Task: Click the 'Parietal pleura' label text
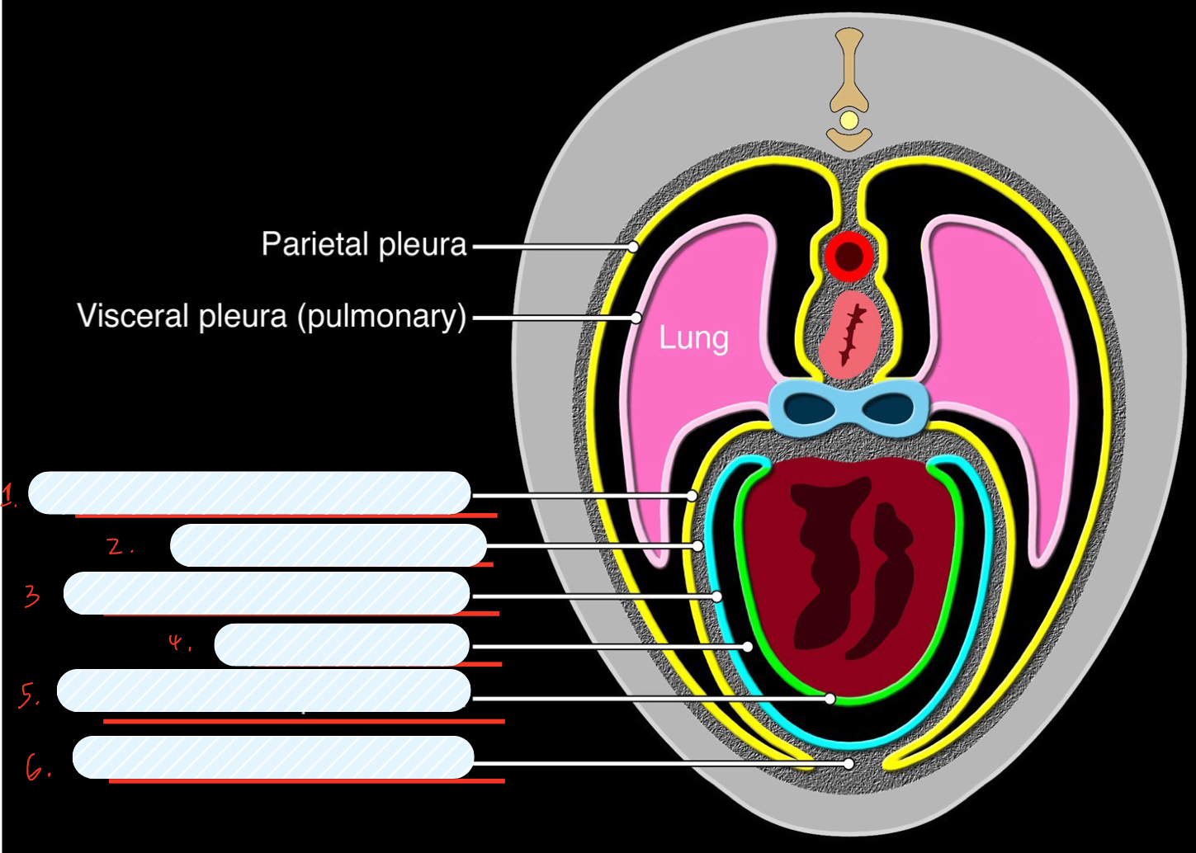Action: pyautogui.click(x=364, y=245)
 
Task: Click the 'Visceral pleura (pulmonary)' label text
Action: pyautogui.click(x=272, y=317)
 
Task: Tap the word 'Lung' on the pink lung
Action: pyautogui.click(x=693, y=338)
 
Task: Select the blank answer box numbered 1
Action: pyautogui.click(x=249, y=493)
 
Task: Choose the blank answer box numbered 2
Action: pyautogui.click(x=329, y=545)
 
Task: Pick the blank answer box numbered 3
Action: pyautogui.click(x=267, y=593)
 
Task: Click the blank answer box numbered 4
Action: pyautogui.click(x=342, y=645)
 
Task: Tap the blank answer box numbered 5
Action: pyautogui.click(x=263, y=690)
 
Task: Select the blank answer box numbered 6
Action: pyautogui.click(x=273, y=757)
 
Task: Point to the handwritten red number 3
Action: pyautogui.click(x=32, y=596)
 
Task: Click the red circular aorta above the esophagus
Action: pyautogui.click(x=849, y=257)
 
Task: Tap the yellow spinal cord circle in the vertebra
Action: pyautogui.click(x=849, y=122)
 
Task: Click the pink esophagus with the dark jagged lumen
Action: pyautogui.click(x=849, y=333)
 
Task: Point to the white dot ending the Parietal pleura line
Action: pyautogui.click(x=633, y=246)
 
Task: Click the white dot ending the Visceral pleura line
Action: pyautogui.click(x=636, y=318)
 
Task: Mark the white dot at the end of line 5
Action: pyautogui.click(x=830, y=699)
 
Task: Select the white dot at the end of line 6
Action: pyautogui.click(x=849, y=764)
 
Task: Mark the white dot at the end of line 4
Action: pyautogui.click(x=748, y=647)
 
